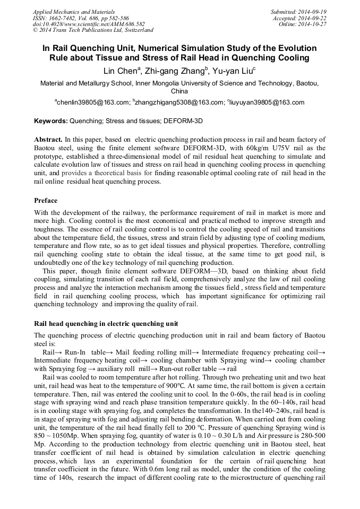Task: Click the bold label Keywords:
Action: coord(50,121)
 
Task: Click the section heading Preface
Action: coord(46,201)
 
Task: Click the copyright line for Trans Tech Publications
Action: coord(92,30)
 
